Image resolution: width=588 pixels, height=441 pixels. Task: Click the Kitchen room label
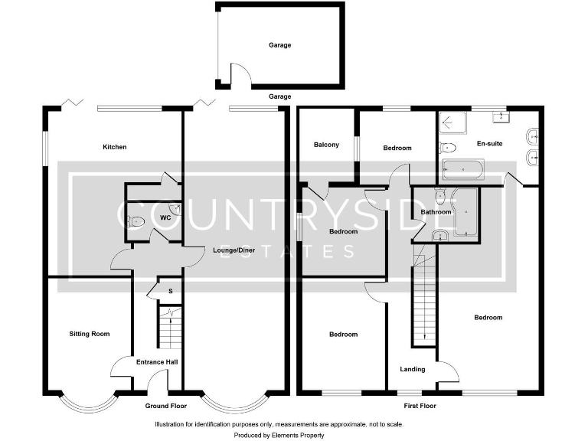click(x=115, y=147)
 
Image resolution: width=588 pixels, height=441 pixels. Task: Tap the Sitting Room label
click(x=90, y=334)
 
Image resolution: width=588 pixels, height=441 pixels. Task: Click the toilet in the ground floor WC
click(x=136, y=222)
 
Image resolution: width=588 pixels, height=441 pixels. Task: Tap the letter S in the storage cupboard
click(x=170, y=291)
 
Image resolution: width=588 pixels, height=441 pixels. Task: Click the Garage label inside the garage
click(x=279, y=45)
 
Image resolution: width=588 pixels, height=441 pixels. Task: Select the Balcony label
click(x=326, y=145)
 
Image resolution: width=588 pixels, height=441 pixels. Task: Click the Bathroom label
click(x=435, y=212)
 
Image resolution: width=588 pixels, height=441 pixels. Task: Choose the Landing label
click(x=413, y=370)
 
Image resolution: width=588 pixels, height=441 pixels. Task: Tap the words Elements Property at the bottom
click(x=299, y=435)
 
